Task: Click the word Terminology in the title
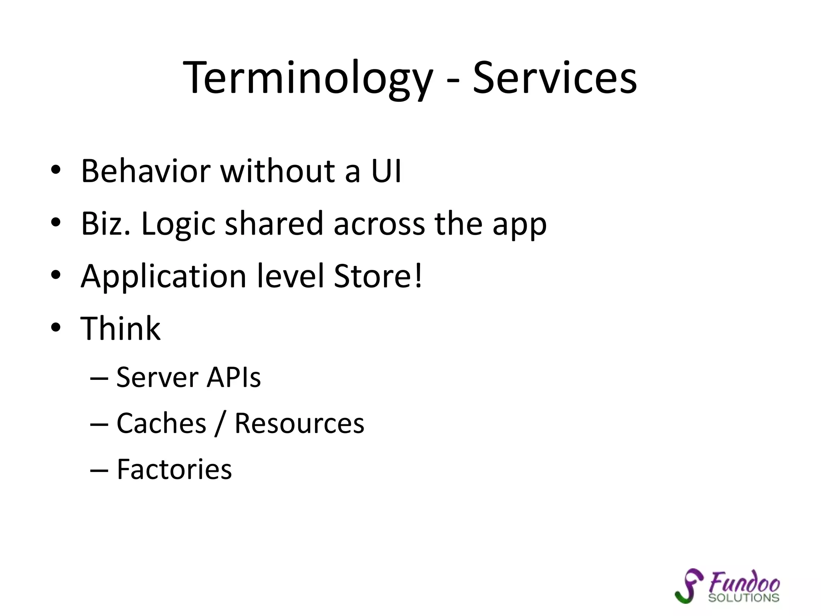pos(308,78)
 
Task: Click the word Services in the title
pos(555,78)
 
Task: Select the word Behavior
pos(146,171)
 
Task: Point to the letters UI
pos(386,171)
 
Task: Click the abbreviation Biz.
pos(105,223)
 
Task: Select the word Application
pos(163,277)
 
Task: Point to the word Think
pos(121,328)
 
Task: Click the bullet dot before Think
pos(56,328)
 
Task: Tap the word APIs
pos(233,377)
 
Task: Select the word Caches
pos(161,423)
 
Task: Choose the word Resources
pos(299,423)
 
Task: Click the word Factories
pos(174,469)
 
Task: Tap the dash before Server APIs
pos(99,378)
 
